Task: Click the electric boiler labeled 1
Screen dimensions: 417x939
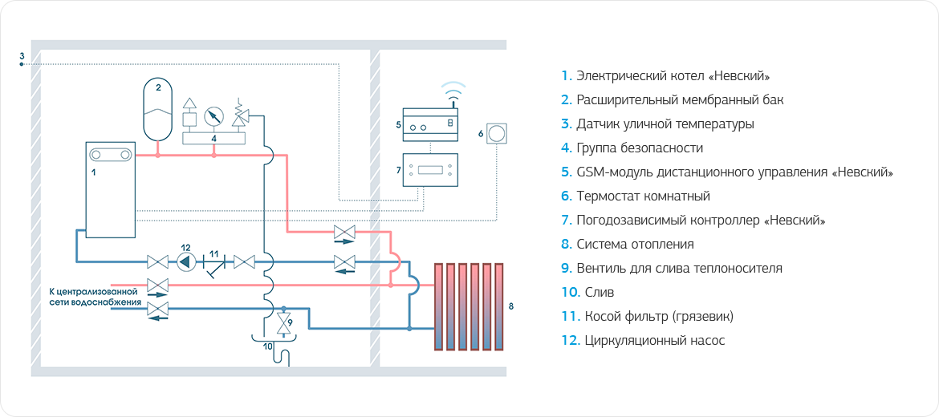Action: pos(110,189)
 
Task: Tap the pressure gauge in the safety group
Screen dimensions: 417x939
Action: pos(213,115)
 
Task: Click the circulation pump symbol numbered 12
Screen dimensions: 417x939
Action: pos(185,261)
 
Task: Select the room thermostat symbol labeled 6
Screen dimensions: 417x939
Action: pos(498,131)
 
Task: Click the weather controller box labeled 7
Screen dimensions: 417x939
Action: pos(430,169)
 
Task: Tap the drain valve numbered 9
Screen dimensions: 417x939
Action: pos(282,323)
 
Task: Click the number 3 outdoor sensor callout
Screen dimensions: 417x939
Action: pos(22,56)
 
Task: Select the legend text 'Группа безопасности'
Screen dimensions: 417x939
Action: pos(640,148)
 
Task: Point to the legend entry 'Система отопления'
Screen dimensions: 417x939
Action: pos(635,245)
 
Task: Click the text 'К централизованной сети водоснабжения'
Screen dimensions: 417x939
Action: pos(95,297)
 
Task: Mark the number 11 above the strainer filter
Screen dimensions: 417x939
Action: pos(213,253)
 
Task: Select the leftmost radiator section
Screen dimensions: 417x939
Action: pos(439,306)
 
